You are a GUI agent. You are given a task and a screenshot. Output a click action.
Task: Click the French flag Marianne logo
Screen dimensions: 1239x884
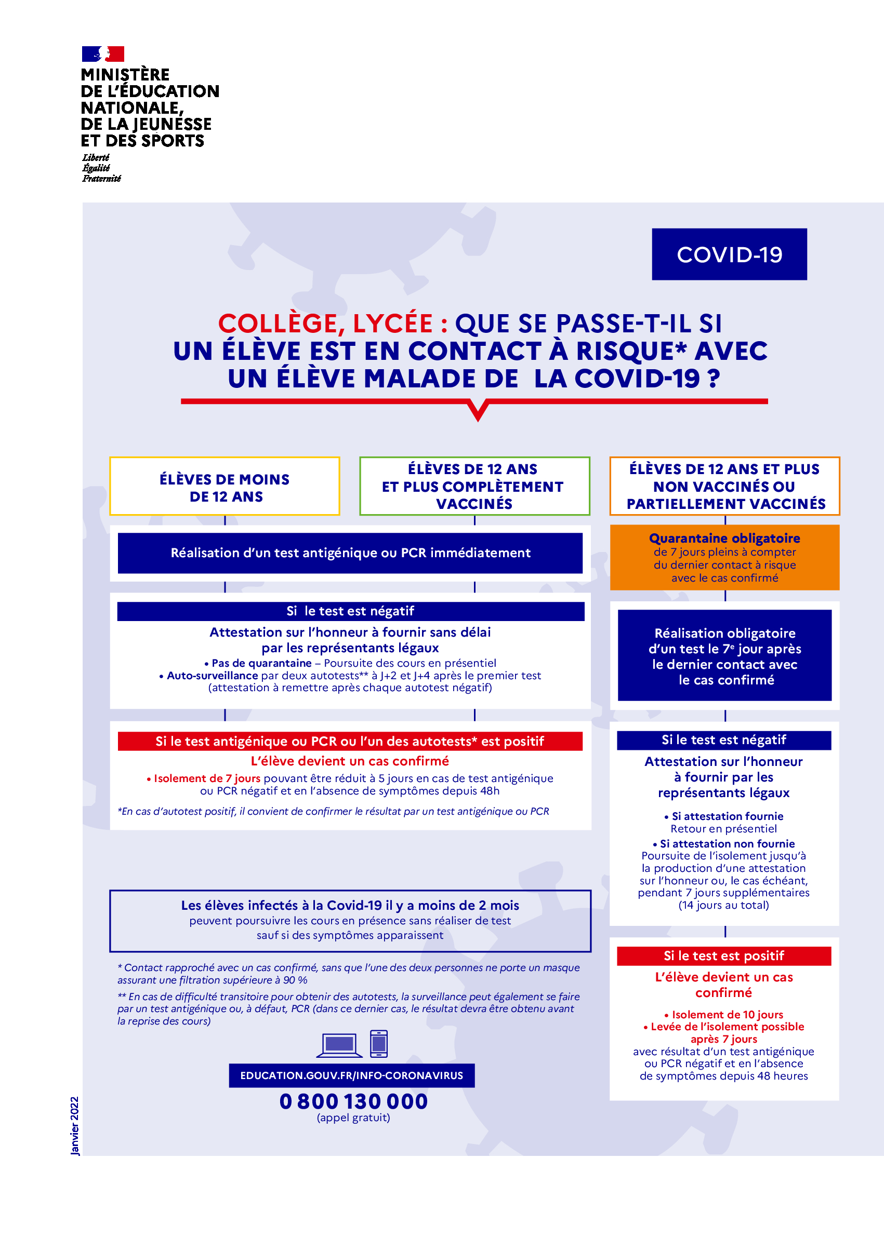pyautogui.click(x=103, y=54)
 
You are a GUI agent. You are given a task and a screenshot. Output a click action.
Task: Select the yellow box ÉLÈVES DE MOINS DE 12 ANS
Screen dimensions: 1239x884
pyautogui.click(x=225, y=487)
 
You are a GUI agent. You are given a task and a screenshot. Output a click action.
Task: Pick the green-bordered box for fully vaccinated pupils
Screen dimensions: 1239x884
pyautogui.click(x=474, y=486)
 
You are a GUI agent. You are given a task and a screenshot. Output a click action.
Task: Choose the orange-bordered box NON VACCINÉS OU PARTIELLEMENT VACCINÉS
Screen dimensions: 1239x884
pyautogui.click(x=724, y=486)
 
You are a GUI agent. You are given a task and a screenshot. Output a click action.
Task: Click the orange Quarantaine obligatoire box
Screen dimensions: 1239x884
pyautogui.click(x=724, y=558)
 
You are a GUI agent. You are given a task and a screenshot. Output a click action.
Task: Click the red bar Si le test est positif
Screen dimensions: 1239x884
pyautogui.click(x=723, y=955)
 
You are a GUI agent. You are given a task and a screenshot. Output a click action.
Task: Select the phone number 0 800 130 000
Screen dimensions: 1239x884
pyautogui.click(x=353, y=1101)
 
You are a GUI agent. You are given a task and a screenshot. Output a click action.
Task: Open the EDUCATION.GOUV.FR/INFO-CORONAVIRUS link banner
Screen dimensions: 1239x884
pyautogui.click(x=352, y=1075)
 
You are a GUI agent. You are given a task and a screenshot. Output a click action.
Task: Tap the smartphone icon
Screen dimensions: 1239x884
pyautogui.click(x=379, y=1044)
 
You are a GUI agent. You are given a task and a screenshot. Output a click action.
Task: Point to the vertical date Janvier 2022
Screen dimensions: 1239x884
pyautogui.click(x=74, y=1125)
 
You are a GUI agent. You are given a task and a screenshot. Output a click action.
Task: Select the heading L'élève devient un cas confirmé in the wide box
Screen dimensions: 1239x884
pyautogui.click(x=350, y=761)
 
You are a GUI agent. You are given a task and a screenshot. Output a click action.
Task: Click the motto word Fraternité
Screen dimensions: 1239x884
pyautogui.click(x=102, y=179)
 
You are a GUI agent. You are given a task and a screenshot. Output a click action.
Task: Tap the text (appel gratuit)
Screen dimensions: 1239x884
pyautogui.click(x=353, y=1117)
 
